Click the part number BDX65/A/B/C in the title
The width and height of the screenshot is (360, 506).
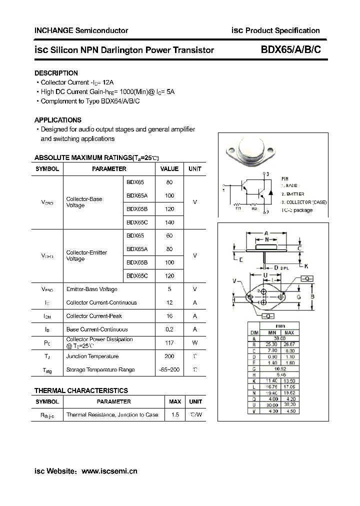click(288, 49)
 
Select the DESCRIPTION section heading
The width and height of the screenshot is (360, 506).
click(56, 73)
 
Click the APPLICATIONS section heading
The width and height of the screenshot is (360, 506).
click(57, 120)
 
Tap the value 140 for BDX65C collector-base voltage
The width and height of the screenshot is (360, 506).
click(169, 222)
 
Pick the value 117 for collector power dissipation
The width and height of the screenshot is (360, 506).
click(169, 343)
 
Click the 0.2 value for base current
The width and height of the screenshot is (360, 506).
click(169, 329)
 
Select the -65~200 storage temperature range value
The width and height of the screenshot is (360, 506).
click(169, 370)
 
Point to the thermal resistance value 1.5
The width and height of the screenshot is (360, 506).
click(175, 415)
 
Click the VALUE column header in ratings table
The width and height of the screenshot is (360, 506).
click(169, 169)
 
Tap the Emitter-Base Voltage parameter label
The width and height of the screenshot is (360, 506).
click(91, 289)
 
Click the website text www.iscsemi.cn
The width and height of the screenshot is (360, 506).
click(109, 471)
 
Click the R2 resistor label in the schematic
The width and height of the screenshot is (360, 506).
click(254, 208)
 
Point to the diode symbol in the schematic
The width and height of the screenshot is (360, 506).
click(270, 191)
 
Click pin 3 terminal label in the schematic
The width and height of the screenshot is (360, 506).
click(268, 174)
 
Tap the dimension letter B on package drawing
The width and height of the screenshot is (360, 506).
click(312, 297)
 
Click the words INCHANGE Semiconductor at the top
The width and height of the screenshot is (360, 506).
click(81, 30)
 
